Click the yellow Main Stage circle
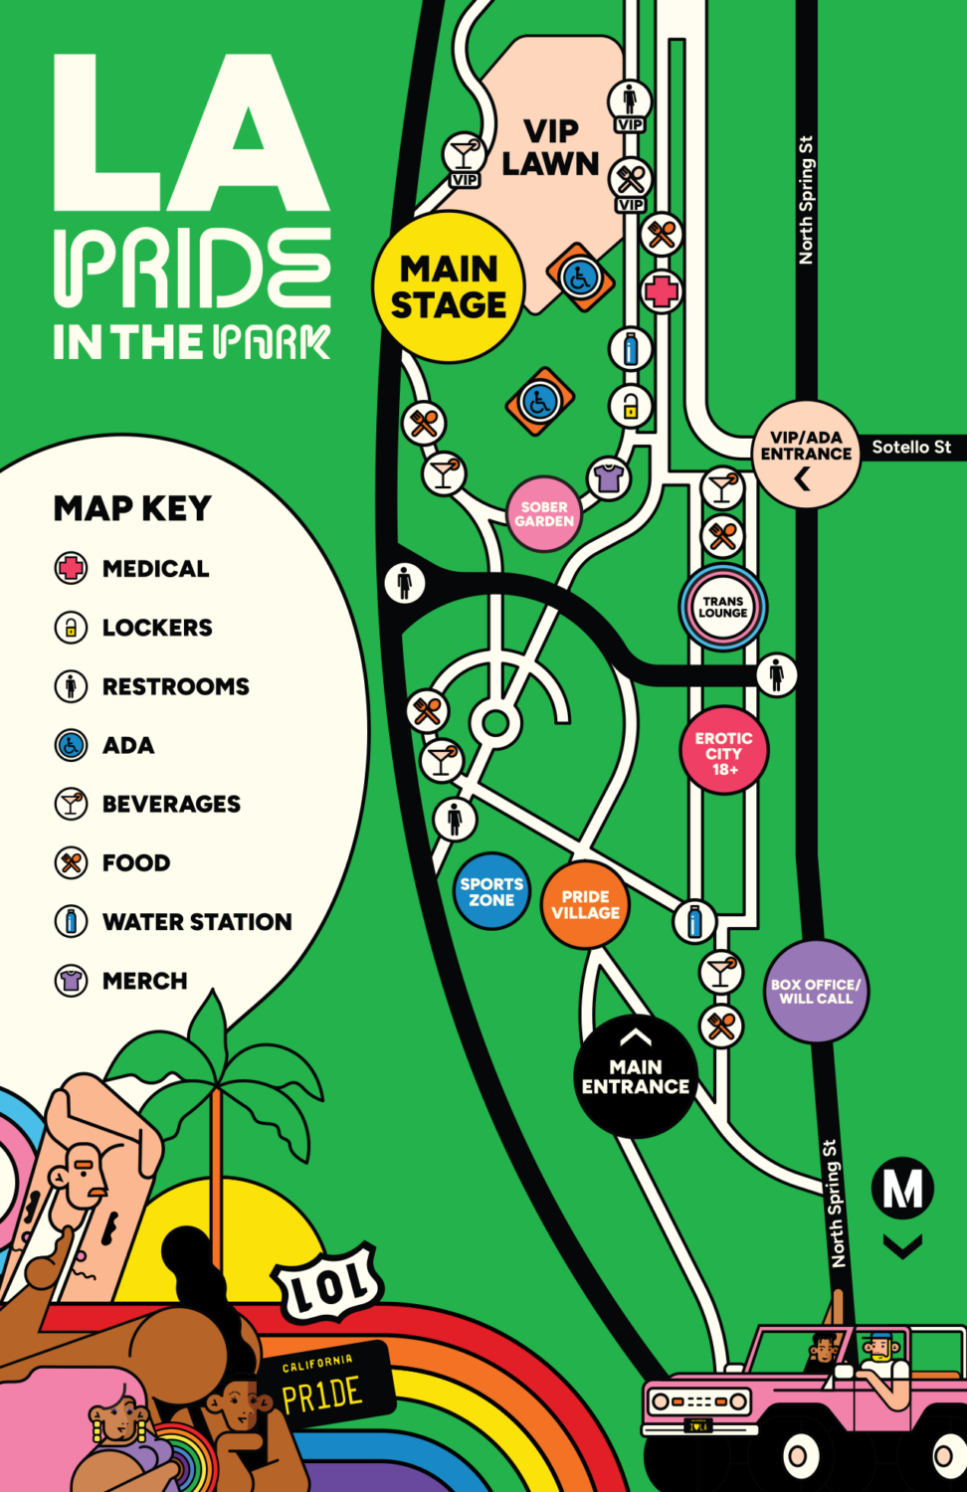coord(448,286)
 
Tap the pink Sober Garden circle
coord(543,513)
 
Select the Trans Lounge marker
coord(722,607)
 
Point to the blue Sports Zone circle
coord(491,891)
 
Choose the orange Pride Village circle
coord(585,905)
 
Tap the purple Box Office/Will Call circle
coord(816,991)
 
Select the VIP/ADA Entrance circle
coord(806,455)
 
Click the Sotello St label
coord(911,448)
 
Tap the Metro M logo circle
coord(902,1188)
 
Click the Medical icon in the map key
coord(71,569)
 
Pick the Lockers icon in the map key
coord(71,628)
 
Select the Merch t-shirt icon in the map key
coord(71,981)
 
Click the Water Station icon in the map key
coord(71,921)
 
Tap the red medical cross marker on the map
coord(662,291)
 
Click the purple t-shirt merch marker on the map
coord(608,477)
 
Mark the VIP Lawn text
coord(550,147)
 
